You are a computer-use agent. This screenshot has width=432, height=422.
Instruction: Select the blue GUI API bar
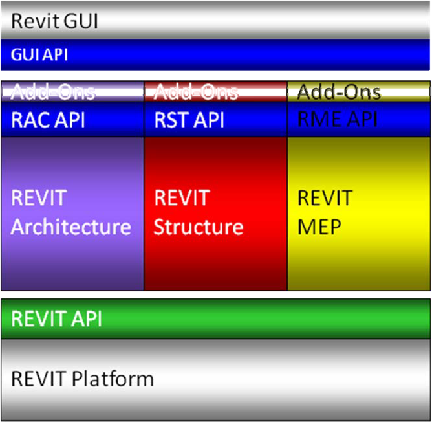215,54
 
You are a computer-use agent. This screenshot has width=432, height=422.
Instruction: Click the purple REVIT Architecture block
72,213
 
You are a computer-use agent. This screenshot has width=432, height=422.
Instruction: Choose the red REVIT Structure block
215,213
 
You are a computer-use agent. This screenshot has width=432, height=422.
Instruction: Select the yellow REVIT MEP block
359,213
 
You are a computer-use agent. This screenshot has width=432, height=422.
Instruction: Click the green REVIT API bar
215,319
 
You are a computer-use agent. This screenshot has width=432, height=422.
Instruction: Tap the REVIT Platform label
82,379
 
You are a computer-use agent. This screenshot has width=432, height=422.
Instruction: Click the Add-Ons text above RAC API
53,92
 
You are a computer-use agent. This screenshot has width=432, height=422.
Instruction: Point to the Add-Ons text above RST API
197,92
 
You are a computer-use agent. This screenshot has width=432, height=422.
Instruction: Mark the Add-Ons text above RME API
339,92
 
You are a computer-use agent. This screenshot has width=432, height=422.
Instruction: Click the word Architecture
71,227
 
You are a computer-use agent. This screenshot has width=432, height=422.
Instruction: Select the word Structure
199,227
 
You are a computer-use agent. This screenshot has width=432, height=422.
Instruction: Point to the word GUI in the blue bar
26,54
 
